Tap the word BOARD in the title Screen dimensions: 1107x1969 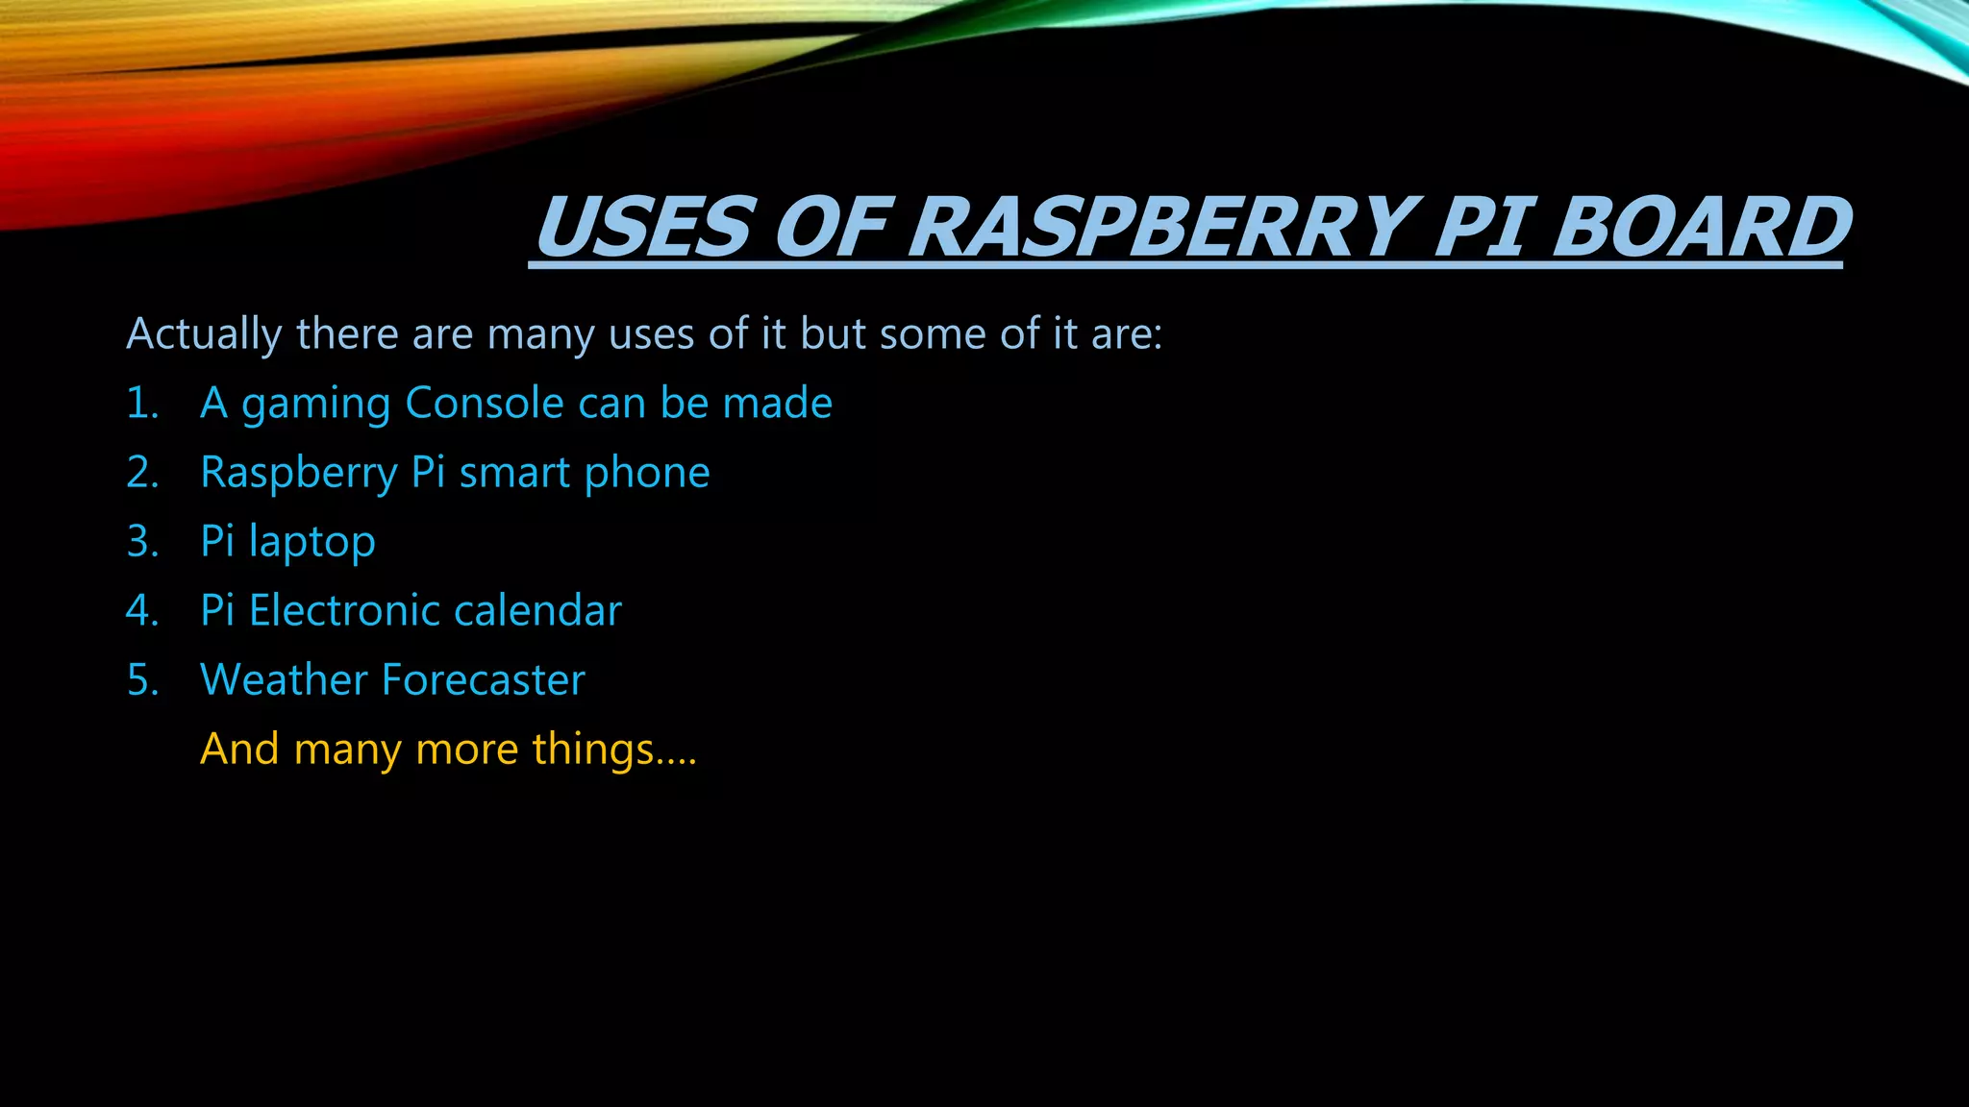click(1699, 228)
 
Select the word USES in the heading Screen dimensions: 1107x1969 click(642, 228)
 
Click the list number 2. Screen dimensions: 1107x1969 click(142, 473)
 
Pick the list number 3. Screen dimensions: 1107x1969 click(142, 542)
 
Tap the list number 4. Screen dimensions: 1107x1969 click(142, 611)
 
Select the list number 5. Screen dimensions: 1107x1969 click(142, 680)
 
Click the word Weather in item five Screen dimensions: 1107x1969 click(284, 680)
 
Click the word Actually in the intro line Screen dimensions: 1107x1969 click(204, 334)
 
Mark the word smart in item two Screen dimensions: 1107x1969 click(514, 473)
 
